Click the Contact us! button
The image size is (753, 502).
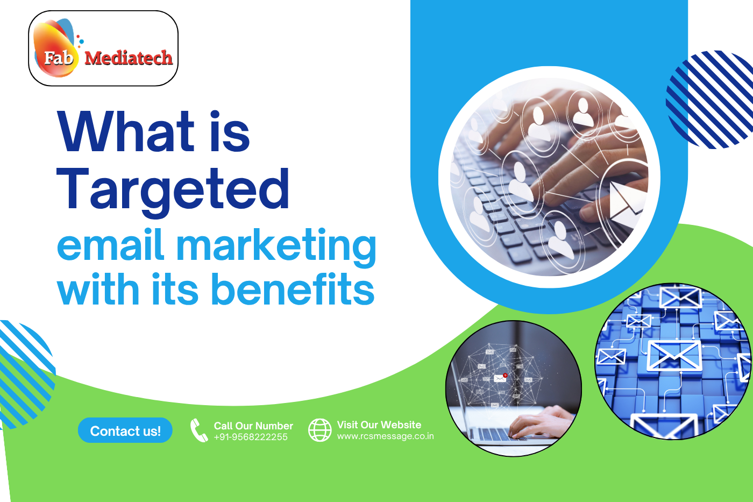[x=125, y=431]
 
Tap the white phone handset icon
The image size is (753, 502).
[x=198, y=430]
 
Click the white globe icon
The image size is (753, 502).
[x=319, y=430]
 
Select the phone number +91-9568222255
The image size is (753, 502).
[x=251, y=437]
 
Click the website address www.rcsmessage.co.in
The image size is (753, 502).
[x=385, y=436]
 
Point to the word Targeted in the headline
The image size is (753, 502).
[x=173, y=189]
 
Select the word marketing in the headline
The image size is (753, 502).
[x=276, y=245]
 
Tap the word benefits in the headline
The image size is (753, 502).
[x=293, y=289]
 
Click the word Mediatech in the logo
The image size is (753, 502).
[x=128, y=58]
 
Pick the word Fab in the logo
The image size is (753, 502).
[x=58, y=57]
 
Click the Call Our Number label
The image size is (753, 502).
[x=253, y=426]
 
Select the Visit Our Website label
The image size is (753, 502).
[x=379, y=425]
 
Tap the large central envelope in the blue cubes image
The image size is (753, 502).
[x=674, y=355]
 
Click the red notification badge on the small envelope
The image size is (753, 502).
[x=505, y=375]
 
